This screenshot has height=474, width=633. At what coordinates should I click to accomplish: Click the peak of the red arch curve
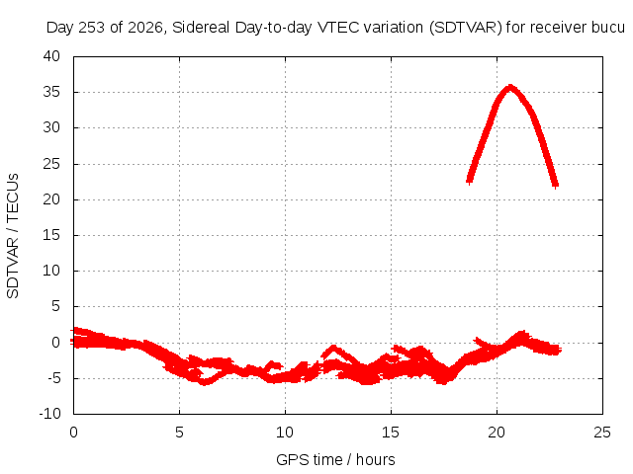510,88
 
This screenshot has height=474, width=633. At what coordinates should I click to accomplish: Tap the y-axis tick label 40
51,56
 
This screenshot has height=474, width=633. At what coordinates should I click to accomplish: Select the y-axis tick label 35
51,92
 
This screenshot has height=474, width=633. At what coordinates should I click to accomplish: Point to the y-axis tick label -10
49,414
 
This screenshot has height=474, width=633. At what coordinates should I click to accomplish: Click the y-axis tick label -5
53,378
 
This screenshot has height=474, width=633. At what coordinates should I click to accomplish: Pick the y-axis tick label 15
51,235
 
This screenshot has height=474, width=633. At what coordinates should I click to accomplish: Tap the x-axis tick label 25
602,433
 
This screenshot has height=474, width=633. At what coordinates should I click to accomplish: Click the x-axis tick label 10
285,433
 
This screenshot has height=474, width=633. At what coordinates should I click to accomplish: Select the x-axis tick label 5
179,433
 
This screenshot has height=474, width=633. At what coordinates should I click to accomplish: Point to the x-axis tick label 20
497,433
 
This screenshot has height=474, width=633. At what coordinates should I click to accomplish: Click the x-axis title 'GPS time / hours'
335,459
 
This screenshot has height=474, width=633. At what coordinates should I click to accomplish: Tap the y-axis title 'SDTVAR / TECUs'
13,236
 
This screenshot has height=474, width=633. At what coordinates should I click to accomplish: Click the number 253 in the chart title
92,28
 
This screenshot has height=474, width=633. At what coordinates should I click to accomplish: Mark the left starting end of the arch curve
469,181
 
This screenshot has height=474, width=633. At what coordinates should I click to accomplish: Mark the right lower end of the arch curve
556,185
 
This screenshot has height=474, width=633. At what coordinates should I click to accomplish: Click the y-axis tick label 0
55,343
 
